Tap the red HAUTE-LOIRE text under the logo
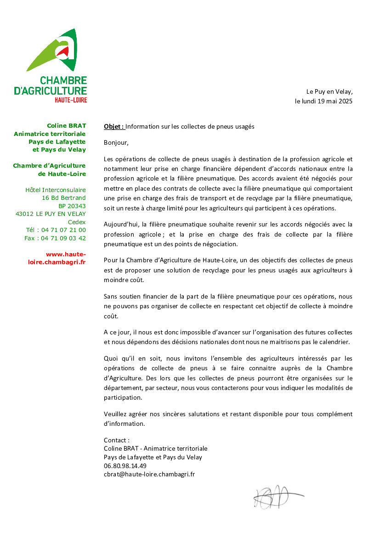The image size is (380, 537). point(71,100)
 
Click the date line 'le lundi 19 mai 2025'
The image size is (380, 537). point(323,101)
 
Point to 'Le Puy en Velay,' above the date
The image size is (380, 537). point(329,92)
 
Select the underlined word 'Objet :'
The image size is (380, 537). point(114,126)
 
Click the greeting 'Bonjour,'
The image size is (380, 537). point(116,142)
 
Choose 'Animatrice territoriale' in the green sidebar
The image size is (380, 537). point(50,134)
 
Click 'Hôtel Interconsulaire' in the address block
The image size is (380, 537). point(55,190)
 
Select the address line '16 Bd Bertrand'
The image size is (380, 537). point(63,198)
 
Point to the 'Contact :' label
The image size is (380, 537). point(117,440)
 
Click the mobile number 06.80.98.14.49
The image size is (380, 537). point(125,466)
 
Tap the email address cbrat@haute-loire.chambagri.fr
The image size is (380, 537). point(149,474)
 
